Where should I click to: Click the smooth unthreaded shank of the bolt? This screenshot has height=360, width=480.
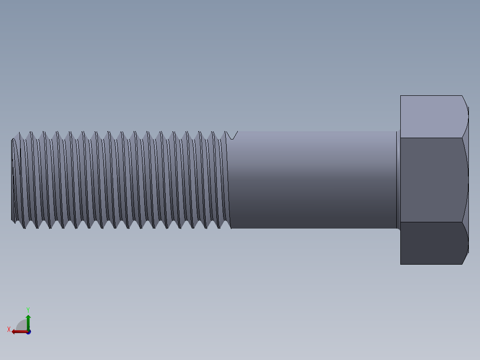(312, 180)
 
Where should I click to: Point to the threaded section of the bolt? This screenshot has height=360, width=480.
(120, 180)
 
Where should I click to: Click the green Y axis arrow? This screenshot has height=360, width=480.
(28, 320)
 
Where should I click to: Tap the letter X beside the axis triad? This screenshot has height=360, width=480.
(8, 329)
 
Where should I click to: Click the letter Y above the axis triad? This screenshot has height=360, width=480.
(28, 309)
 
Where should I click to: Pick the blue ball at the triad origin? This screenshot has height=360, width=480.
(28, 332)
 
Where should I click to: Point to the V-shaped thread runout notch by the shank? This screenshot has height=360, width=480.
(232, 135)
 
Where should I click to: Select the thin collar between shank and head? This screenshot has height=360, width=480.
(398, 180)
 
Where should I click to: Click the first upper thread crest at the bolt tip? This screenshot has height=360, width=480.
(19, 133)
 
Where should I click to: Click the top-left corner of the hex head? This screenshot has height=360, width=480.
(401, 96)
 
